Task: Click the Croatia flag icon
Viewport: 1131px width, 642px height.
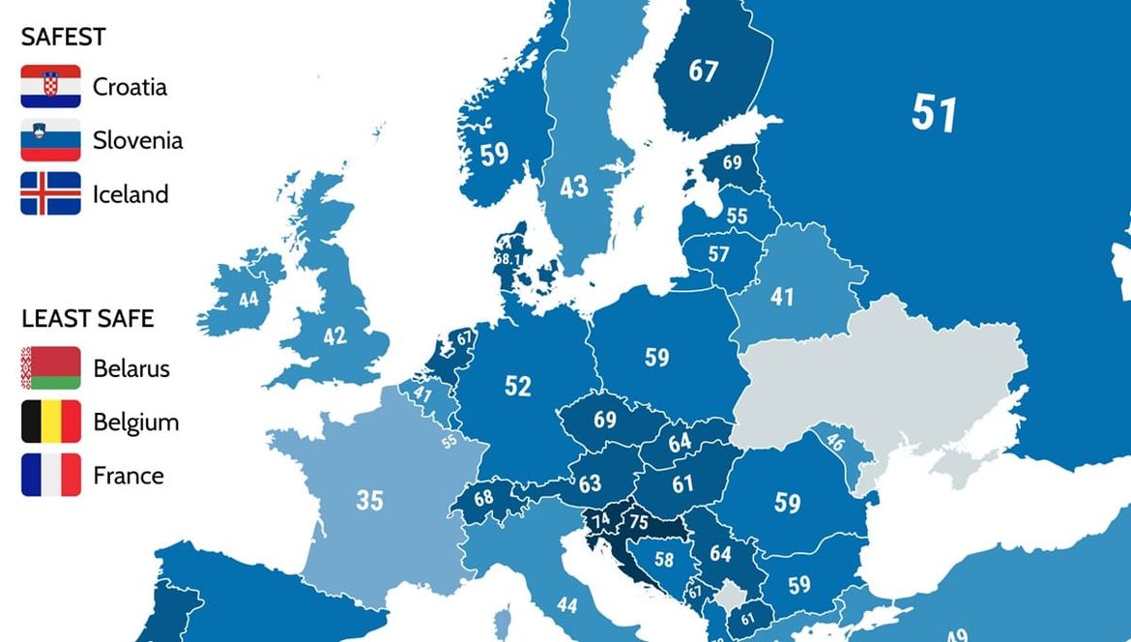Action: coord(50,87)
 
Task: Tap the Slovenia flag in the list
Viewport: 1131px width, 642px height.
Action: coord(50,140)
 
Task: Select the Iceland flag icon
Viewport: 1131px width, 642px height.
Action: coord(50,193)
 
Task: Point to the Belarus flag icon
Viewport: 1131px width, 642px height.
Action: coord(50,368)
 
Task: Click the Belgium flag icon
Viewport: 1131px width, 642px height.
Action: coord(50,422)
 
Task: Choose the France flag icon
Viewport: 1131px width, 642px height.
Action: coord(50,475)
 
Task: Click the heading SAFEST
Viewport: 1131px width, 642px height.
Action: coord(64,37)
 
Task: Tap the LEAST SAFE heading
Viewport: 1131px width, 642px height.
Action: coord(88,318)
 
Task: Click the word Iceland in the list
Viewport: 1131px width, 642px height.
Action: coord(130,194)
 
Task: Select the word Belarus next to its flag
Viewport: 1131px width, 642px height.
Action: coord(131,368)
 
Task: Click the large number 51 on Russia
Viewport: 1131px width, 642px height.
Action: coord(934,113)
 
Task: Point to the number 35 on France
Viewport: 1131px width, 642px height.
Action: coord(369,500)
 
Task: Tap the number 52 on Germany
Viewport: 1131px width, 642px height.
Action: coord(518,386)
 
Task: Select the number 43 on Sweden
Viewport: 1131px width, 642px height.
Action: coord(573,187)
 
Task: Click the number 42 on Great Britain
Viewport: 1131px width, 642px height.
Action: coord(334,336)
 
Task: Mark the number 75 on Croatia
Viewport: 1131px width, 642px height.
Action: coord(638,521)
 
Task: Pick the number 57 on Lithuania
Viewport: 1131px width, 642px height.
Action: coord(718,254)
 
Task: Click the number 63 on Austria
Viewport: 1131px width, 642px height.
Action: coord(590,482)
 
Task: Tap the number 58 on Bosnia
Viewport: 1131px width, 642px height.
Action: coord(663,559)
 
